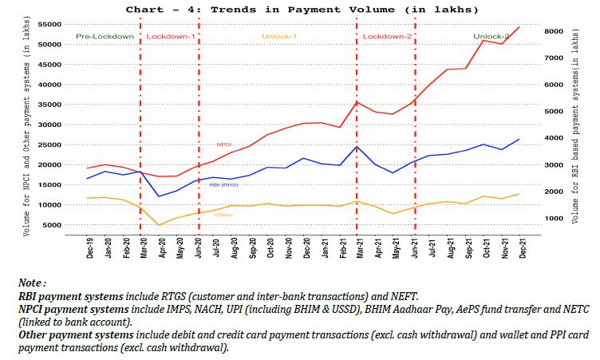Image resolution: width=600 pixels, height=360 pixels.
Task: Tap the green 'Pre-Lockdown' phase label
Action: click(x=105, y=38)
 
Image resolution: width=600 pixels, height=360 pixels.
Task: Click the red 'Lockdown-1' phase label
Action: click(x=171, y=38)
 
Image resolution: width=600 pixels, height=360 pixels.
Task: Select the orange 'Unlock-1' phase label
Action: click(x=278, y=38)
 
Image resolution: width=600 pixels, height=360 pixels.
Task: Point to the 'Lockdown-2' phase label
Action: click(x=387, y=38)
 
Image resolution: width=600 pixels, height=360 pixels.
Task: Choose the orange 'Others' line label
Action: click(x=223, y=215)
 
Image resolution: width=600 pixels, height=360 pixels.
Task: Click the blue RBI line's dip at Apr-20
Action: click(x=160, y=196)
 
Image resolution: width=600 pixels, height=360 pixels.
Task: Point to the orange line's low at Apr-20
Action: click(x=160, y=225)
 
